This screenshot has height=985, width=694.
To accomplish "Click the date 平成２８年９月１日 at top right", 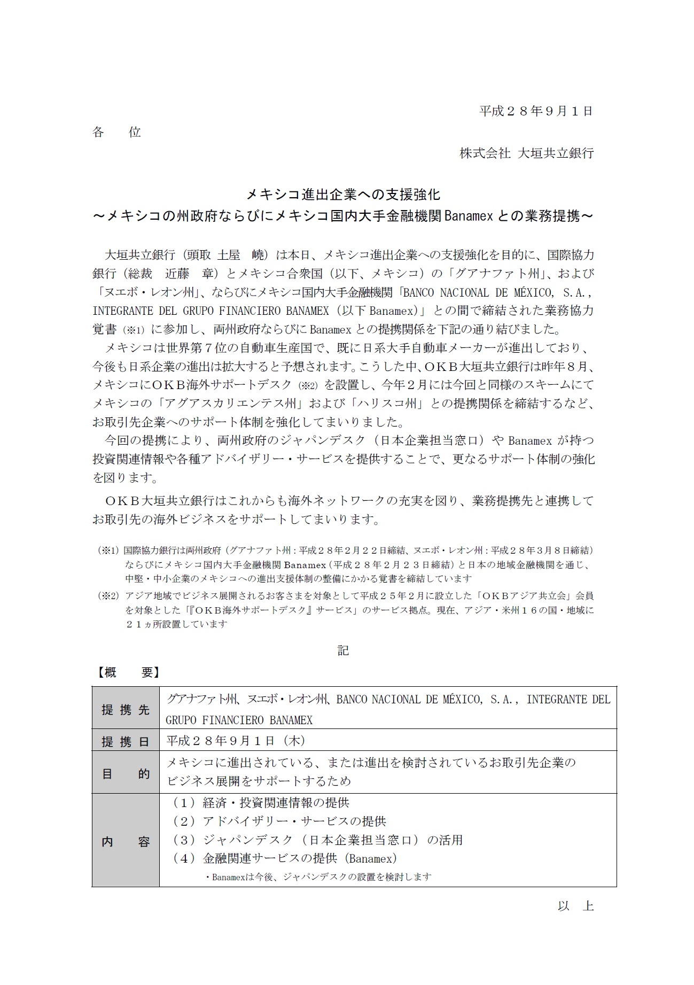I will pos(536,111).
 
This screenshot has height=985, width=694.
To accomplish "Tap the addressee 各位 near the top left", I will pos(116,132).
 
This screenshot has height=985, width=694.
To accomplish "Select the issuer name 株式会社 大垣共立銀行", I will pos(526,153).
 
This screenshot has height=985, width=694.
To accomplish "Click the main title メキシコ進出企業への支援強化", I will pos(343,193).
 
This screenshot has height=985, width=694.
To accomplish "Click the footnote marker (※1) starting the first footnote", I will pos(107,550).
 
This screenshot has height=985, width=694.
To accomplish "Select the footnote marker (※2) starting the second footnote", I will pos(107,595).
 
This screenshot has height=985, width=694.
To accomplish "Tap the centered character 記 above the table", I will pos(343,650).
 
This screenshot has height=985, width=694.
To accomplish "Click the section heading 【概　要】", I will pos(127,672).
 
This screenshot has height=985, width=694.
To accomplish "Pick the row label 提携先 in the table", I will pos(126,710).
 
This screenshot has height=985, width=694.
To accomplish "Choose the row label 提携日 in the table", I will pos(126,742).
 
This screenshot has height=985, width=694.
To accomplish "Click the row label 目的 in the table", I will pos(126,773).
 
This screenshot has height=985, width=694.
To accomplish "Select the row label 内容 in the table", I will pos(126,842).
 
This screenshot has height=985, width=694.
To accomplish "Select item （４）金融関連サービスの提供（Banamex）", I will pos(284,858).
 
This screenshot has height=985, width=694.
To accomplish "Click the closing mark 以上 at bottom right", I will pos(575,906).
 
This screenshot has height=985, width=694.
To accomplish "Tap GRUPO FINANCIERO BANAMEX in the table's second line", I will pos(239,720).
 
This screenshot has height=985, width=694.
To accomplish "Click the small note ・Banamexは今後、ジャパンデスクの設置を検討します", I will pos(318,877).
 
